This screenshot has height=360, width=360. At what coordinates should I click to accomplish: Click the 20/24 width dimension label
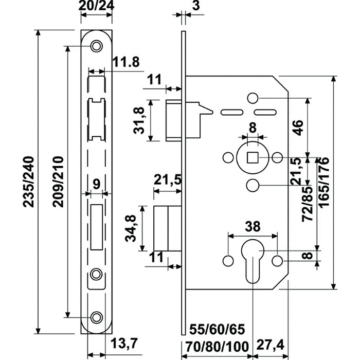pos(96,6)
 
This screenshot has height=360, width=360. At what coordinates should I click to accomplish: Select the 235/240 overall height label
pos(28,182)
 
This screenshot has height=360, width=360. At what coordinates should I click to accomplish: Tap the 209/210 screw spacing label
pos(58,182)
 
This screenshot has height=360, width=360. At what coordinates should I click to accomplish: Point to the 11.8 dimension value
pos(126,62)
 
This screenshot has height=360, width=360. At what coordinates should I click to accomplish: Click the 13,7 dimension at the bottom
pos(124,344)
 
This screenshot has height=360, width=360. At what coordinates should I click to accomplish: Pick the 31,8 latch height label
pos(139,120)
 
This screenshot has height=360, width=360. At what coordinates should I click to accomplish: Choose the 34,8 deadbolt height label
pos(131,228)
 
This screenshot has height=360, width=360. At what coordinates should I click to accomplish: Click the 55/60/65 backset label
pos(217,330)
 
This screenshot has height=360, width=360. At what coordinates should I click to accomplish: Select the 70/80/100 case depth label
pos(217,347)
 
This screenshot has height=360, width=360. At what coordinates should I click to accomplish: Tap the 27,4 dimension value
pos(270,345)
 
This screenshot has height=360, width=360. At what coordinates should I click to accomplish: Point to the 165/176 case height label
pos(325,183)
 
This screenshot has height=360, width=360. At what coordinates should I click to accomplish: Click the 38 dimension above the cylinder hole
pos(253,227)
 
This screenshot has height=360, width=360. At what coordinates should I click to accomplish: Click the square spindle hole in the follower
pos(253,157)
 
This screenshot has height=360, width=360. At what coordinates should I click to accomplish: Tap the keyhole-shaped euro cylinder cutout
pos(253,261)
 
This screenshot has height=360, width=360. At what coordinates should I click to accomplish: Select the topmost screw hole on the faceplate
pos(97,46)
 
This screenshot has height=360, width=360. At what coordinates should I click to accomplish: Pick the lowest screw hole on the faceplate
pos(97,317)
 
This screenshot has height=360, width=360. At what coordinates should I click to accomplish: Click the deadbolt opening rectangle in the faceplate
pos(97,227)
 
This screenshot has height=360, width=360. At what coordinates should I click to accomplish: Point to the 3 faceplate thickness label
pos(196,6)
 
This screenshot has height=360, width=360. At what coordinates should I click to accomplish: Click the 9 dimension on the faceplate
pos(97,184)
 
